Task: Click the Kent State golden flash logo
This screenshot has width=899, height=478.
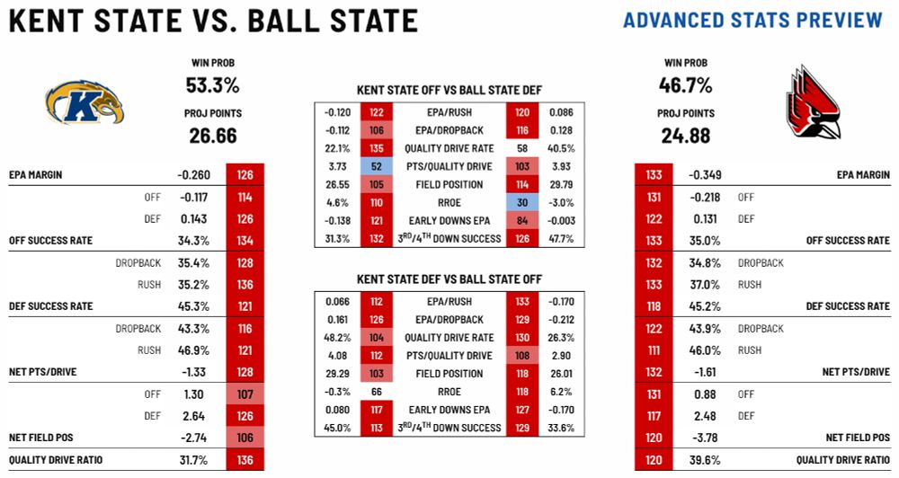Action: pyautogui.click(x=84, y=102)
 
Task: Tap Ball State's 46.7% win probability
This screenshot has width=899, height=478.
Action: pyautogui.click(x=687, y=85)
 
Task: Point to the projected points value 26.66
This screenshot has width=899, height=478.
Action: pyautogui.click(x=213, y=136)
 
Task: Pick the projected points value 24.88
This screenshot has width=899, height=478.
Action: pyautogui.click(x=687, y=136)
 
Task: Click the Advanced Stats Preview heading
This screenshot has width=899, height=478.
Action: pyautogui.click(x=752, y=20)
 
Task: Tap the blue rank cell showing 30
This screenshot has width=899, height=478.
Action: pyautogui.click(x=522, y=202)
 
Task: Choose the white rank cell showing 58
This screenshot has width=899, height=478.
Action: pyautogui.click(x=522, y=148)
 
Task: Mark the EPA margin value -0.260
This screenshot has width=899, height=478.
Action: pyautogui.click(x=192, y=175)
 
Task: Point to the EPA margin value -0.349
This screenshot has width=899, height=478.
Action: pyautogui.click(x=705, y=175)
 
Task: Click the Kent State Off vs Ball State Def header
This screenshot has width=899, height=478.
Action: pyautogui.click(x=449, y=90)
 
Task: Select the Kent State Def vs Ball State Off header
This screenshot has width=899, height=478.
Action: pyautogui.click(x=449, y=279)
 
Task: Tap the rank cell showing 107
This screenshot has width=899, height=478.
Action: pyautogui.click(x=245, y=394)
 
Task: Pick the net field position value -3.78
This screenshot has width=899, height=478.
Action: pyautogui.click(x=705, y=438)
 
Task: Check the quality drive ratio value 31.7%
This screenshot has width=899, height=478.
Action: pyautogui.click(x=194, y=460)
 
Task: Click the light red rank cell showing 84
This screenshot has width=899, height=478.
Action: pyautogui.click(x=522, y=220)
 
